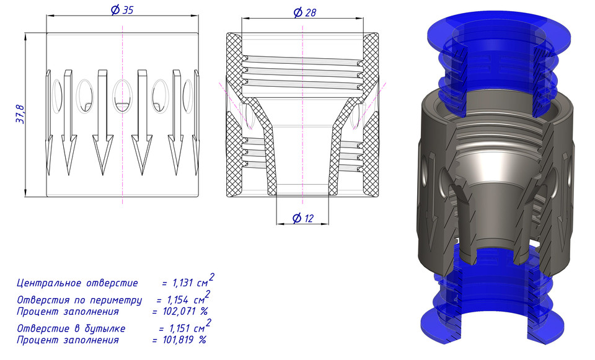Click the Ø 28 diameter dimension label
tap(303, 12)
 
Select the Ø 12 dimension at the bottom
tap(303, 218)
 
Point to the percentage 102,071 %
tap(180, 310)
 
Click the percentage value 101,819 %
tap(179, 340)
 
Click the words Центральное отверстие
tap(77, 283)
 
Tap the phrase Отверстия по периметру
tap(79, 300)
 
